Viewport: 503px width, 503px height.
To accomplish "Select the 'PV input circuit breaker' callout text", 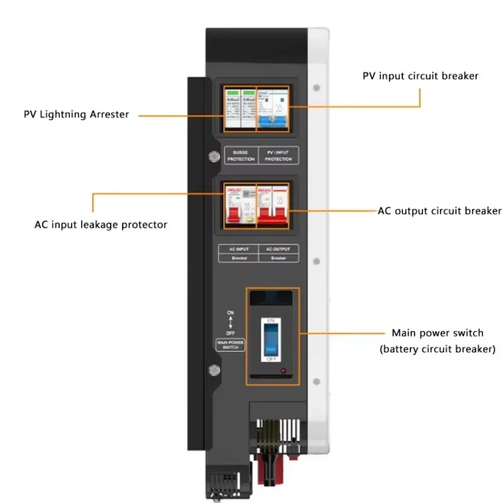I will (420, 76).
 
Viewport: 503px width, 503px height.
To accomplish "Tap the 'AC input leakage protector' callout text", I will (101, 224).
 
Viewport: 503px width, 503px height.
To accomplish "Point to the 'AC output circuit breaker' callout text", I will (439, 211).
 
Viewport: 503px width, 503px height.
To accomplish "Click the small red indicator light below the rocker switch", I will (283, 372).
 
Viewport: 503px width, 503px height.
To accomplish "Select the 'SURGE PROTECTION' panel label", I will (240, 155).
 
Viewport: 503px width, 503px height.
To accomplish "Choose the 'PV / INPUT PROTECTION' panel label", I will (278, 155).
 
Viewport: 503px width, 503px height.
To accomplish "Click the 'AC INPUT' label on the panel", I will (238, 250).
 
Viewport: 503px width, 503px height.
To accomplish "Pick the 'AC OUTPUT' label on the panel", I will (277, 250).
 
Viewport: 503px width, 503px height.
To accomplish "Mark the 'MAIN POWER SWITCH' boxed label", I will (230, 345).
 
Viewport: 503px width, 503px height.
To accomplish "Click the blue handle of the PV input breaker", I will (272, 119).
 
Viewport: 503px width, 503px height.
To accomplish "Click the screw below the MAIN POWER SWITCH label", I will (213, 371).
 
